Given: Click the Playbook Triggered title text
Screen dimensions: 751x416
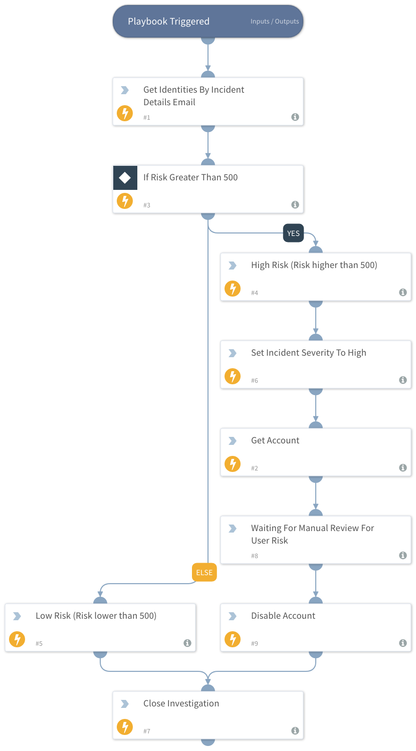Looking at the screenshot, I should tap(168, 22).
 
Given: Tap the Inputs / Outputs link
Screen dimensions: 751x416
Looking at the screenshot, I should tap(275, 22).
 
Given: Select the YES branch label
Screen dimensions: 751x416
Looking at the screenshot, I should tap(293, 233).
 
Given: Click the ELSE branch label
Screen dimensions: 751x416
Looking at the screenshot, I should tap(204, 573).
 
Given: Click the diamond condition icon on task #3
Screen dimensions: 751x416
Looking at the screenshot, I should tap(125, 177).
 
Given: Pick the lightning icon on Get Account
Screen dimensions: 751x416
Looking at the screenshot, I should tap(233, 464).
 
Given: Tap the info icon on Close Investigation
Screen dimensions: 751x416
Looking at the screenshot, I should tap(295, 730).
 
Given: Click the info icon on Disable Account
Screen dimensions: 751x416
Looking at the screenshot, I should tap(403, 643).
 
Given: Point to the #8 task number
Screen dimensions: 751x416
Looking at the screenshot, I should tap(255, 556).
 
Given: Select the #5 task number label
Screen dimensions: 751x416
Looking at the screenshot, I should tap(39, 643).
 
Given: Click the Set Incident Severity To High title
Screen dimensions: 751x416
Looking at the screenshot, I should tap(309, 353).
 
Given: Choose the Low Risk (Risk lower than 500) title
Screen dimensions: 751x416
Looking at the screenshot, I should tap(96, 616).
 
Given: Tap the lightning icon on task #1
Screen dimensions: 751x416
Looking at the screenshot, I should tap(125, 113).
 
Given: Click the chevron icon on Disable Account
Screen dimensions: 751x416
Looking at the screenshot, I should tap(233, 616).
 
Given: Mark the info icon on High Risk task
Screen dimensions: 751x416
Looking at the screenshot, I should tap(403, 292).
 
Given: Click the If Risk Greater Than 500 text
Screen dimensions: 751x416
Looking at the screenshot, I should tap(190, 177).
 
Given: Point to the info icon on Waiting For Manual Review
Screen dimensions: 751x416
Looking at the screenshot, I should tap(403, 555).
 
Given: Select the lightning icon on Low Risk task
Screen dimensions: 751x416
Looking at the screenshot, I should tap(17, 639).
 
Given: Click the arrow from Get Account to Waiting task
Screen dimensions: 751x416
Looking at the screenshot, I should tap(316, 496).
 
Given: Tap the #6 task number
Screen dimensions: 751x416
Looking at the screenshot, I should tap(255, 380).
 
